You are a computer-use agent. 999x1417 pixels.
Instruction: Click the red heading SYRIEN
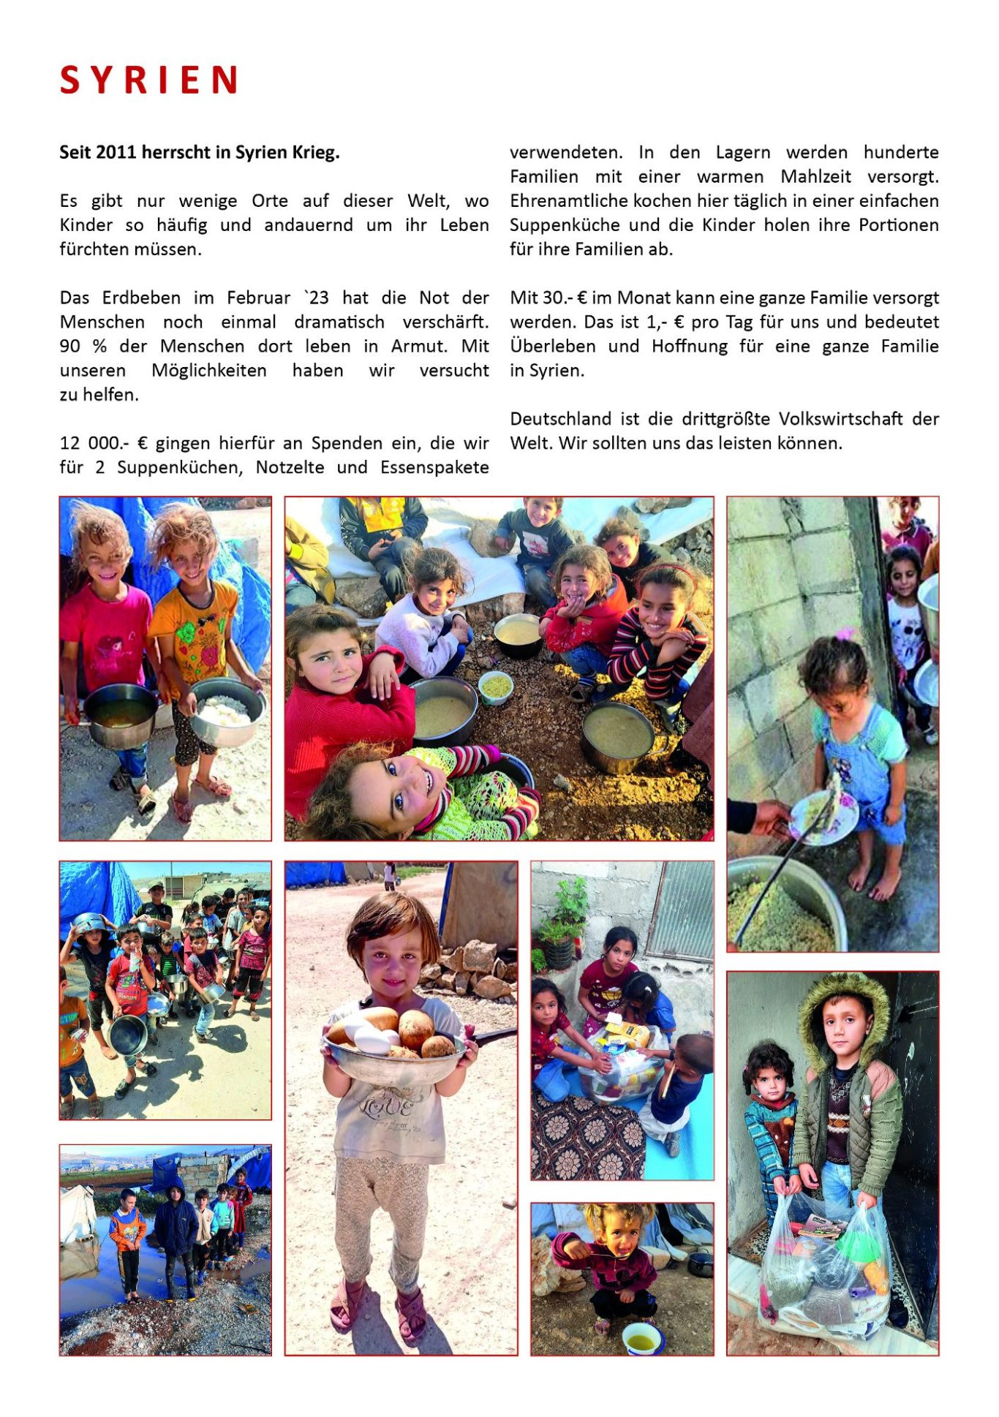(x=148, y=80)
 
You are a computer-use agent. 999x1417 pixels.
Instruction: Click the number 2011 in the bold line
(x=116, y=153)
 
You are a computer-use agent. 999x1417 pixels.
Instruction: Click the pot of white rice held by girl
(x=227, y=710)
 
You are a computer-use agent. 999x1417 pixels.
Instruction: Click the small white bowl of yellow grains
(x=496, y=687)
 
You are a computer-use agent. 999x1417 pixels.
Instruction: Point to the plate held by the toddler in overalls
(x=822, y=817)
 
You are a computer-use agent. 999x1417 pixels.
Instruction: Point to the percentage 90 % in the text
(x=83, y=347)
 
